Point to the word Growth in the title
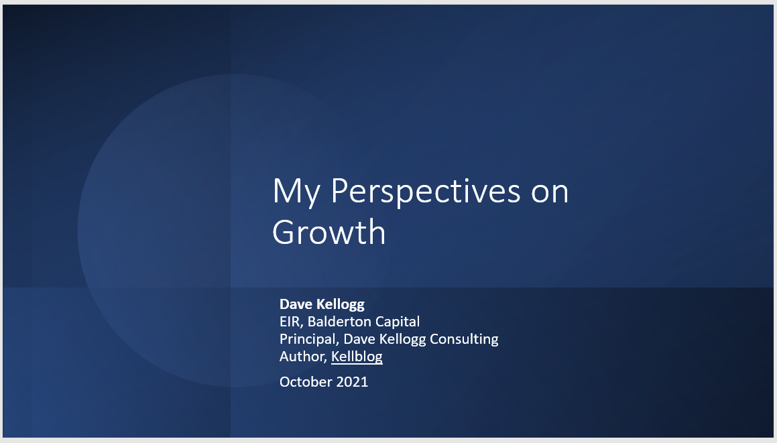[x=329, y=233]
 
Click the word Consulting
[x=464, y=339]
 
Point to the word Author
[x=302, y=357]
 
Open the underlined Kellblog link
[x=357, y=357]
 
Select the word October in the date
[x=305, y=382]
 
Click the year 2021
[x=352, y=382]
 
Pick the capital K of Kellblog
[x=335, y=357]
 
